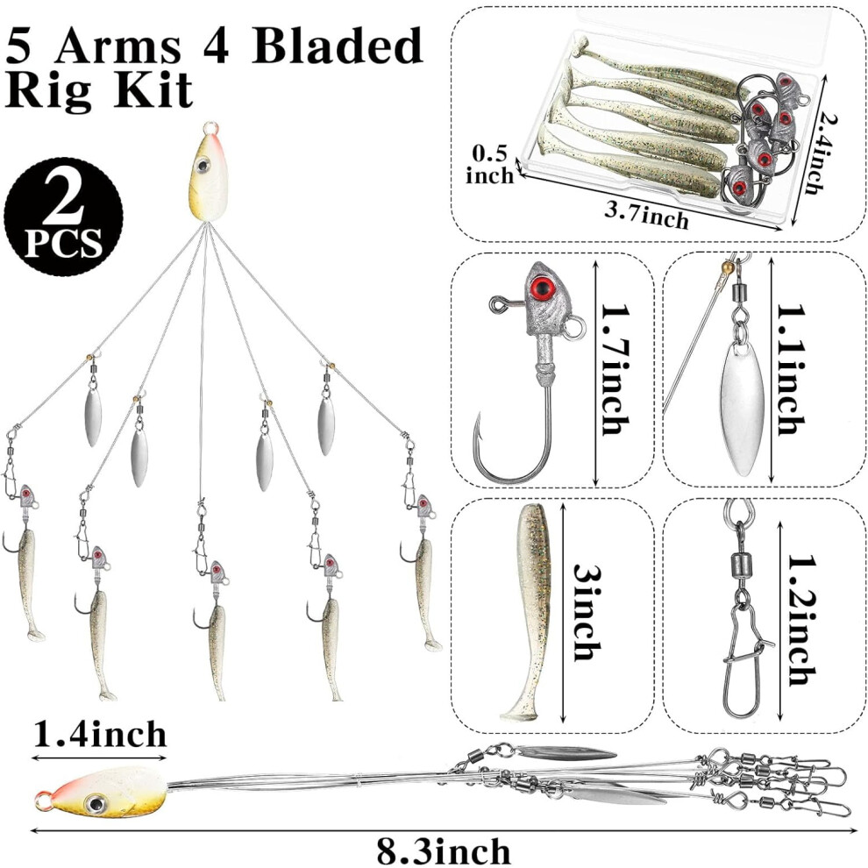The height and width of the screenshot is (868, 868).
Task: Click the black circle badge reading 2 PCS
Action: click(x=64, y=217)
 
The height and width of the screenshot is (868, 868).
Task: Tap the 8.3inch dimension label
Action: click(x=444, y=851)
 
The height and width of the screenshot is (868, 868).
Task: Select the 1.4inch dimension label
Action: click(x=100, y=735)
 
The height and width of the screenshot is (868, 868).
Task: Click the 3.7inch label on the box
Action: click(x=646, y=215)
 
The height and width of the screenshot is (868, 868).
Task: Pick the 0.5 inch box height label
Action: click(x=489, y=165)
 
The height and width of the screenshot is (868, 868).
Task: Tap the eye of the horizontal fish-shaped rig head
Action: click(x=96, y=802)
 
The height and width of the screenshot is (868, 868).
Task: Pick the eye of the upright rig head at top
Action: click(x=203, y=165)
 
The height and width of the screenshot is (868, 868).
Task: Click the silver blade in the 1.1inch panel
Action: click(x=741, y=408)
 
